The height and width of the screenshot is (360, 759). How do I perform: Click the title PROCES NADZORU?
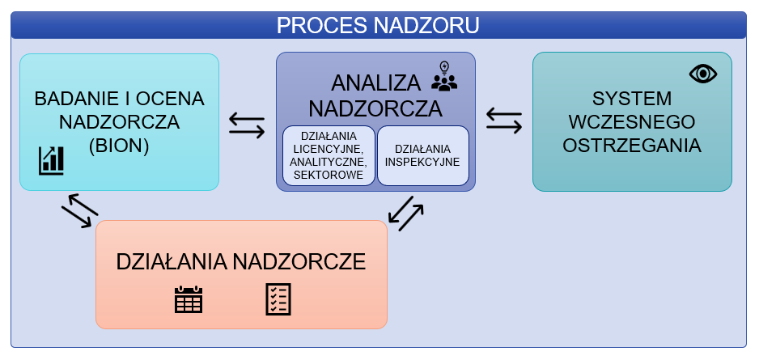click(x=378, y=25)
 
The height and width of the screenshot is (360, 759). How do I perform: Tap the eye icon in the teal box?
click(x=703, y=74)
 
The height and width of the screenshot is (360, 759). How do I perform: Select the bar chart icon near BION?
click(x=51, y=160)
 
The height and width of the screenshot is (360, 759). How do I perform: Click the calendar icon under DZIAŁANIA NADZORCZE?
click(x=189, y=299)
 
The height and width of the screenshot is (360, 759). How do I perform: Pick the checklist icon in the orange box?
click(x=278, y=299)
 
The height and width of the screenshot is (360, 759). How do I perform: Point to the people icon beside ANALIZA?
click(x=444, y=81)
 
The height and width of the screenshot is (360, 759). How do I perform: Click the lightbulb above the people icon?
click(x=443, y=66)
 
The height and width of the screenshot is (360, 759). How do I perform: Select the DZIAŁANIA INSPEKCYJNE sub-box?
click(x=422, y=155)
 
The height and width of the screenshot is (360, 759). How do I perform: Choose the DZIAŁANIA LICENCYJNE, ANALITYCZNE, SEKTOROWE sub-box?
click(x=329, y=155)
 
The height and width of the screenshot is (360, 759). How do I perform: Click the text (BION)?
click(x=119, y=146)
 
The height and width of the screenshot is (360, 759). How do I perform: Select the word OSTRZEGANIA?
click(x=632, y=146)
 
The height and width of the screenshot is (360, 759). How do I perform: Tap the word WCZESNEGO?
click(x=632, y=122)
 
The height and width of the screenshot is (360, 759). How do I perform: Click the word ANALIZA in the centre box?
click(x=376, y=83)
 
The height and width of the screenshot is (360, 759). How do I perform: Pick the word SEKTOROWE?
click(x=329, y=174)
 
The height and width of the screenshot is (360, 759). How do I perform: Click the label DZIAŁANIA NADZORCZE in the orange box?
click(x=241, y=261)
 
